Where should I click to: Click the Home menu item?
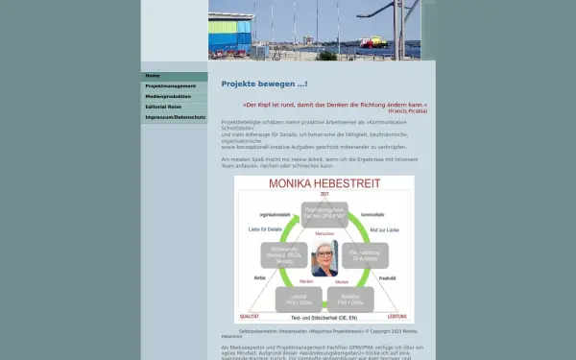[x=153, y=76]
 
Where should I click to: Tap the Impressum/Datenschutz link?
[x=175, y=117]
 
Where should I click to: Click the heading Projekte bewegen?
[x=264, y=84]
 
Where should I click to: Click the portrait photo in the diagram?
[x=324, y=258]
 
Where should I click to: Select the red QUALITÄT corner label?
[x=250, y=316]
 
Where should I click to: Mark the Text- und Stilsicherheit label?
[x=324, y=317]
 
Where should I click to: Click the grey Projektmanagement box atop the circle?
[x=324, y=214]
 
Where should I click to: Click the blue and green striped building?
[x=230, y=36]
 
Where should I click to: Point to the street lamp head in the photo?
[x=364, y=13]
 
